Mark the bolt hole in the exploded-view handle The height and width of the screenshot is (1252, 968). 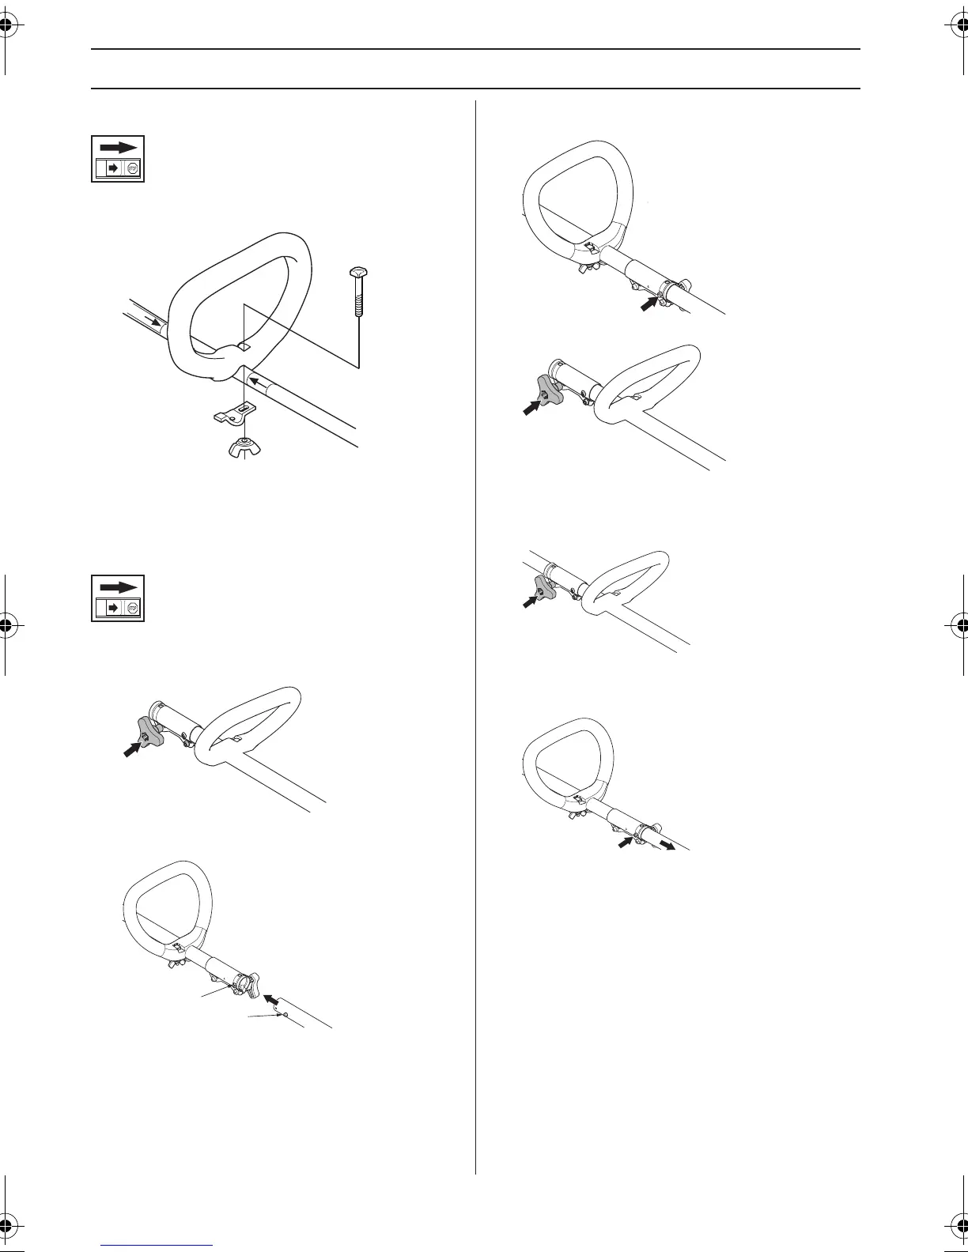click(245, 346)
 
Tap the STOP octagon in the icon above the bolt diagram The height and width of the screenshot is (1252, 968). click(133, 168)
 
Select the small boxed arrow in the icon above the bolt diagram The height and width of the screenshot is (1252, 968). click(112, 168)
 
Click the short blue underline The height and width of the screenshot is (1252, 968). click(157, 1246)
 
